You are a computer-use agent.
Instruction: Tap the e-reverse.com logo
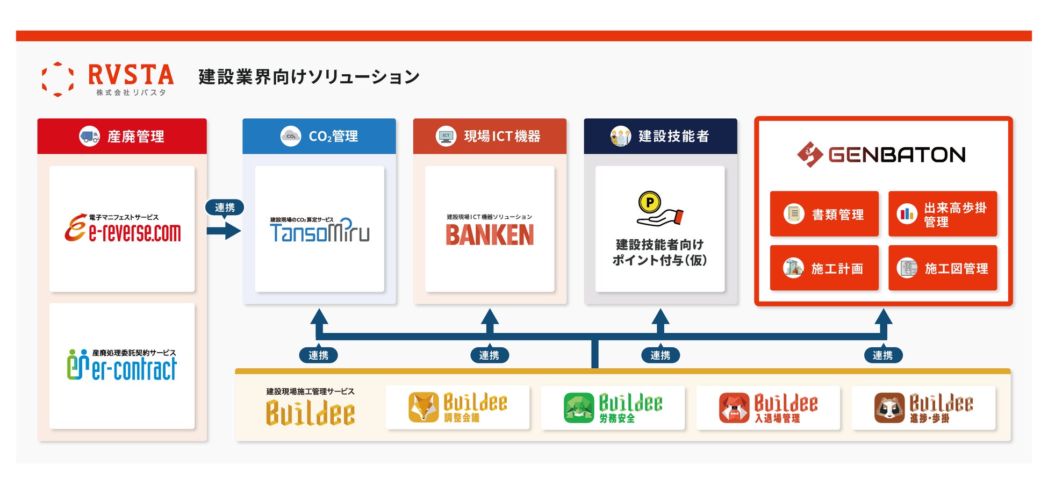[x=123, y=229]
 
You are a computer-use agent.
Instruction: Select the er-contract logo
[x=122, y=366]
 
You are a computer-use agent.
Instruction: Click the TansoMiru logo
[x=319, y=231]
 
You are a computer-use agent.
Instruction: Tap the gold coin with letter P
[x=650, y=203]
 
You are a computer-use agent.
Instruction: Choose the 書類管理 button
[x=824, y=214]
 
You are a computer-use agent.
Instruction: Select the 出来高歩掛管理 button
[x=942, y=214]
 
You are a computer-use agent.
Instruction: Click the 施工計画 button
[x=824, y=268]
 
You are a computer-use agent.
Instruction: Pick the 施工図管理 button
[x=942, y=268]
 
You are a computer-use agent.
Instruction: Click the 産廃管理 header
[x=122, y=137]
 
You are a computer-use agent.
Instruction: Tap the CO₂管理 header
[x=319, y=137]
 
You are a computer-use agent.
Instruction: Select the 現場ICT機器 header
[x=490, y=137]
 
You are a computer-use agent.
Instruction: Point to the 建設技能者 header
[x=660, y=137]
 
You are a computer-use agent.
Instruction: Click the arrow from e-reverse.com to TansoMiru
[x=224, y=231]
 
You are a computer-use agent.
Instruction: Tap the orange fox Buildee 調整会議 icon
[x=423, y=407]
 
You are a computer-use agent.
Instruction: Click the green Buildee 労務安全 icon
[x=579, y=408]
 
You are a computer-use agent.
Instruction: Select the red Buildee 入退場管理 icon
[x=734, y=408]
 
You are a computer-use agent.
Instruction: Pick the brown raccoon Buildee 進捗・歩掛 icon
[x=889, y=408]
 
